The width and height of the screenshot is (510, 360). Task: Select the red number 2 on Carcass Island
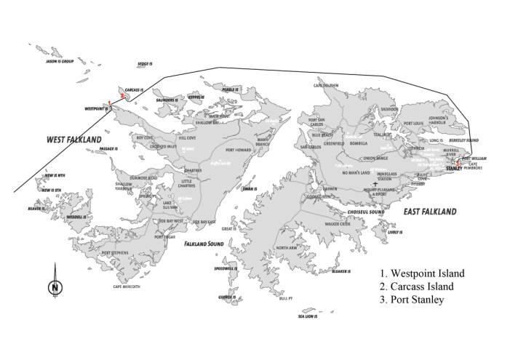[x=122, y=95]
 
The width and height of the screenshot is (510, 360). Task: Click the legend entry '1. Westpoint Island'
[x=421, y=273]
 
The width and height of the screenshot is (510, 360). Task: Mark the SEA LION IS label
[x=308, y=316]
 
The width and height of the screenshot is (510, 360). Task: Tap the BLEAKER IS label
[x=341, y=271]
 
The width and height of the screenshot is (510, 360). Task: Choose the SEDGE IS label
[x=144, y=64]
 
